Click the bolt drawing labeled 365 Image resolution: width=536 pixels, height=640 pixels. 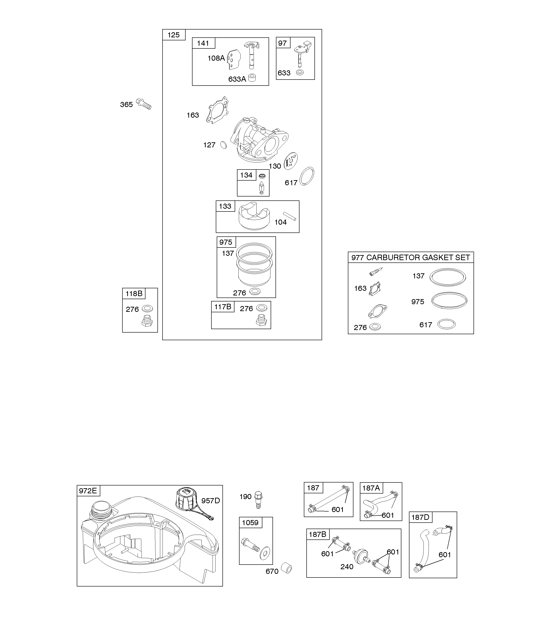(x=144, y=104)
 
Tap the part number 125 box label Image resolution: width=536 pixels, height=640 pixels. (x=174, y=35)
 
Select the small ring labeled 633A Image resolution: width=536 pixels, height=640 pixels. (x=252, y=78)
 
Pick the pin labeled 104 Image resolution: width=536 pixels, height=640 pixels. (x=290, y=216)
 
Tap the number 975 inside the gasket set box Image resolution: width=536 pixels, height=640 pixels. (x=418, y=302)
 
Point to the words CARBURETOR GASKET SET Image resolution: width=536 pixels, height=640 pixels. (x=418, y=258)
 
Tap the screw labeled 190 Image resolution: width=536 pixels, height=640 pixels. (x=258, y=500)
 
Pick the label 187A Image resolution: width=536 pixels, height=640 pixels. (x=371, y=488)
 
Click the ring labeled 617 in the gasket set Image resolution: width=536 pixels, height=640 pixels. (x=446, y=324)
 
